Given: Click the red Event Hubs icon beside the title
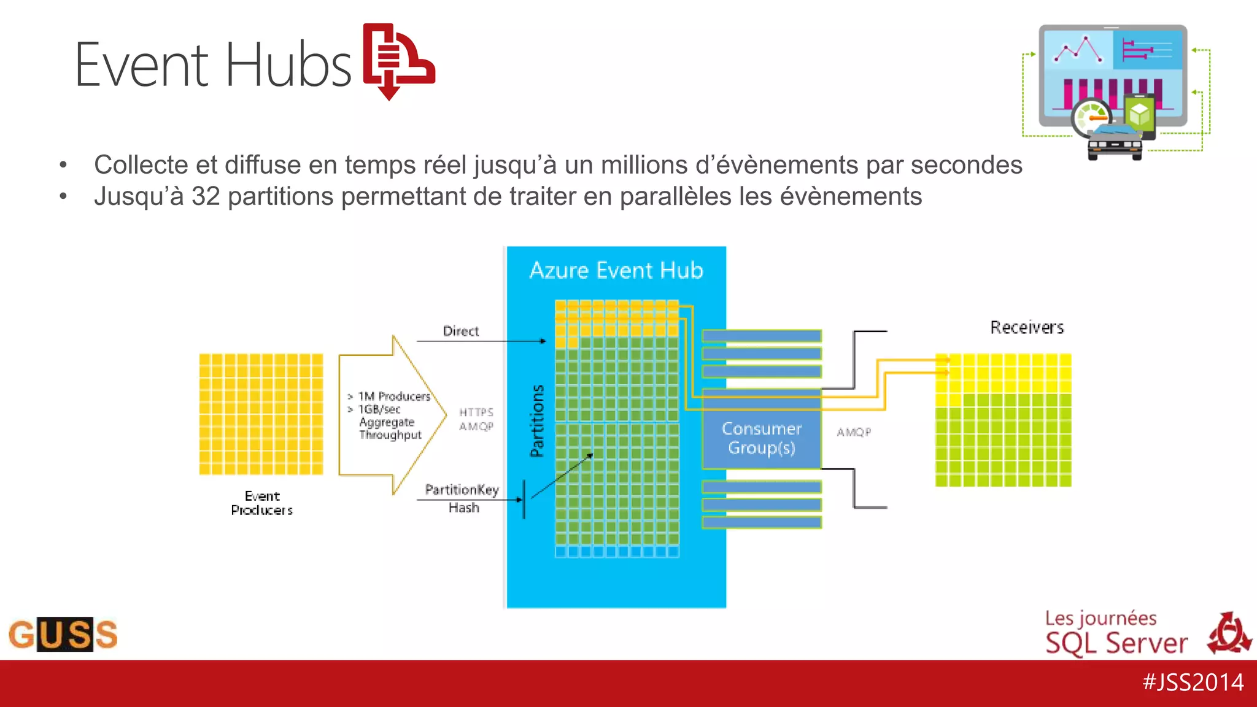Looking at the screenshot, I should tap(398, 61).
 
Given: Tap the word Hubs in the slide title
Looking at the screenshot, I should tap(288, 65).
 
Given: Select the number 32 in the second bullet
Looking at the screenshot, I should tap(206, 196).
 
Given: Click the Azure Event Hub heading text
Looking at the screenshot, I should tap(616, 271).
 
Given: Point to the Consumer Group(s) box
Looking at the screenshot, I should tap(761, 438).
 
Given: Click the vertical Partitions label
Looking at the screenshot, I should tap(537, 421).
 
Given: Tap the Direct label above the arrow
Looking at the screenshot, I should tap(460, 331).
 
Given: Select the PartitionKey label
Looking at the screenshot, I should tap(462, 490).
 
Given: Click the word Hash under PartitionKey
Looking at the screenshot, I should tap(463, 508).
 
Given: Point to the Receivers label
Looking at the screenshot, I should tap(1027, 328).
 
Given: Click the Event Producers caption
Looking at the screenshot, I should tap(262, 503).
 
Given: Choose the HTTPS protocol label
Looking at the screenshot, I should tap(476, 412).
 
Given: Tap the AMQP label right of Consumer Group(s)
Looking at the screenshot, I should tap(854, 432).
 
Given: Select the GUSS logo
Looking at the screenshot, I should tap(63, 634).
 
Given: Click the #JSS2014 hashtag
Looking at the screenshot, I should tap(1193, 682).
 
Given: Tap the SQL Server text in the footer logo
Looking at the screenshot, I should tap(1116, 643).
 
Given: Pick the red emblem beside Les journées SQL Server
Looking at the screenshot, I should tap(1229, 633).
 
